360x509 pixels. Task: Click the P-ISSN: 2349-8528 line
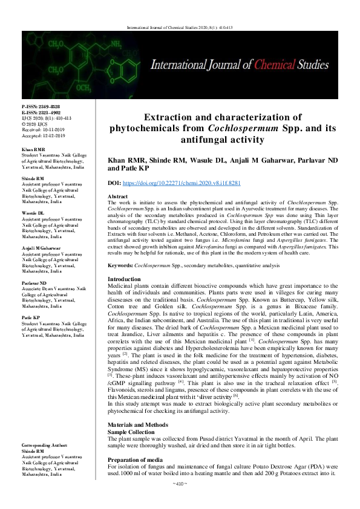tap(41, 106)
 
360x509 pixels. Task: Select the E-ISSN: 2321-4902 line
tap(41, 112)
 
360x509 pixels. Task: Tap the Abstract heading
tap(117, 197)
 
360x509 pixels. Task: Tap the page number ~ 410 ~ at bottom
tap(180, 501)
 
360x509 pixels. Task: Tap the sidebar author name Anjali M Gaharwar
tap(41, 248)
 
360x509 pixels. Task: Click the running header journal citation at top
tap(180, 28)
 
